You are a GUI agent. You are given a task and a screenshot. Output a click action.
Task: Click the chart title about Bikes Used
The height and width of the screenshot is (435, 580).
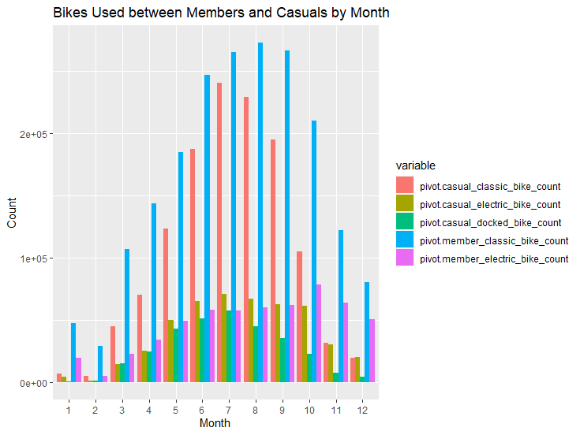click(x=221, y=13)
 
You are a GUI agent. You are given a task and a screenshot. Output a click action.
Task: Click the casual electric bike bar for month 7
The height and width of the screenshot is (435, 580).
click(x=224, y=338)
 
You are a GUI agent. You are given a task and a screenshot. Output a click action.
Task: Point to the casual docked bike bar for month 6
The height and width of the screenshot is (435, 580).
click(x=202, y=351)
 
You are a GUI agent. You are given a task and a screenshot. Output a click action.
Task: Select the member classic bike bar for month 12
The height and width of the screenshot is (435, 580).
click(x=367, y=332)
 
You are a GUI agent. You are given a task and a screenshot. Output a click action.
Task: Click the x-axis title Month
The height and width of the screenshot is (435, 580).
click(x=215, y=424)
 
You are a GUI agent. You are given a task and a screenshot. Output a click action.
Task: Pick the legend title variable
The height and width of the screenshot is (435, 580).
click(x=415, y=165)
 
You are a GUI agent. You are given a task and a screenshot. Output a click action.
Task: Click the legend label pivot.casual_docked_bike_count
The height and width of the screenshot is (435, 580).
click(x=490, y=223)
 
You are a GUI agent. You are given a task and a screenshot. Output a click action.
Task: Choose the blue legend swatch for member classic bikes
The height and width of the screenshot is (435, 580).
click(x=405, y=240)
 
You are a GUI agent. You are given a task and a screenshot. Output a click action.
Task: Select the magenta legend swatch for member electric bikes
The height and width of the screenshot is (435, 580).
click(x=405, y=258)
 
